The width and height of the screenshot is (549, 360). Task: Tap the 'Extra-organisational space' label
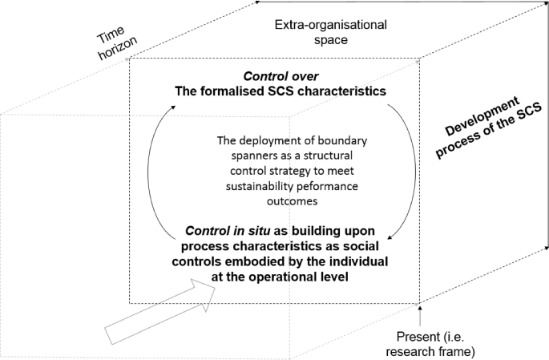tap(330, 31)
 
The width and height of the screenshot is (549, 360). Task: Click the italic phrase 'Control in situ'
tap(232, 233)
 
